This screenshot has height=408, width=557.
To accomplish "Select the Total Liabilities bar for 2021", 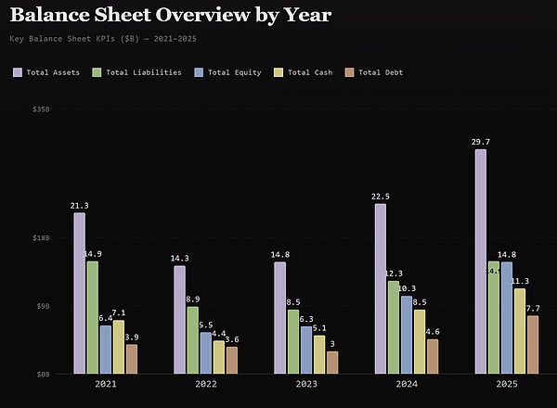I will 93,317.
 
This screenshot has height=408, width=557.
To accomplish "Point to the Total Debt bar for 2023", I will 332,363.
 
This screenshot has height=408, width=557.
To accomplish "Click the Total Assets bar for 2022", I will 180,320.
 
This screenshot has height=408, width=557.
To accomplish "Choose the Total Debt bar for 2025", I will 533,345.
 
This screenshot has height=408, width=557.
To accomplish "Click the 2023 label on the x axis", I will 306,384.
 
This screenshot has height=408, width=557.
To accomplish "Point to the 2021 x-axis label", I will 106,384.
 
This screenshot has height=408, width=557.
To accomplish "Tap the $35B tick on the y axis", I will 41,109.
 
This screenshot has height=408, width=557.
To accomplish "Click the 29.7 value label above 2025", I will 481,142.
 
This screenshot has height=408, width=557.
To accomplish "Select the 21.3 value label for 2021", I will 80,206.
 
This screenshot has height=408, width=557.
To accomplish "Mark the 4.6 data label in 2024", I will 433,332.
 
